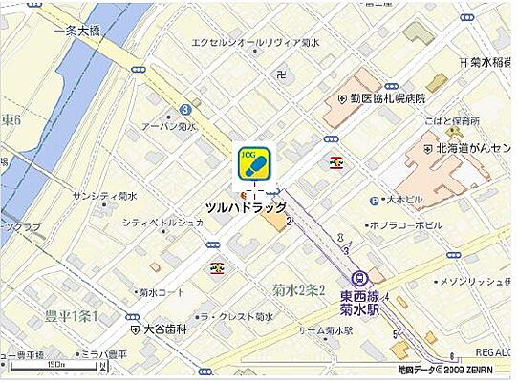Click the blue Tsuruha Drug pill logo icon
click(x=254, y=163)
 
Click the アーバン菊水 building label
click(x=168, y=127)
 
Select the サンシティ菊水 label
click(x=105, y=196)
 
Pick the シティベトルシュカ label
click(x=162, y=223)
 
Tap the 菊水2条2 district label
click(x=298, y=290)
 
